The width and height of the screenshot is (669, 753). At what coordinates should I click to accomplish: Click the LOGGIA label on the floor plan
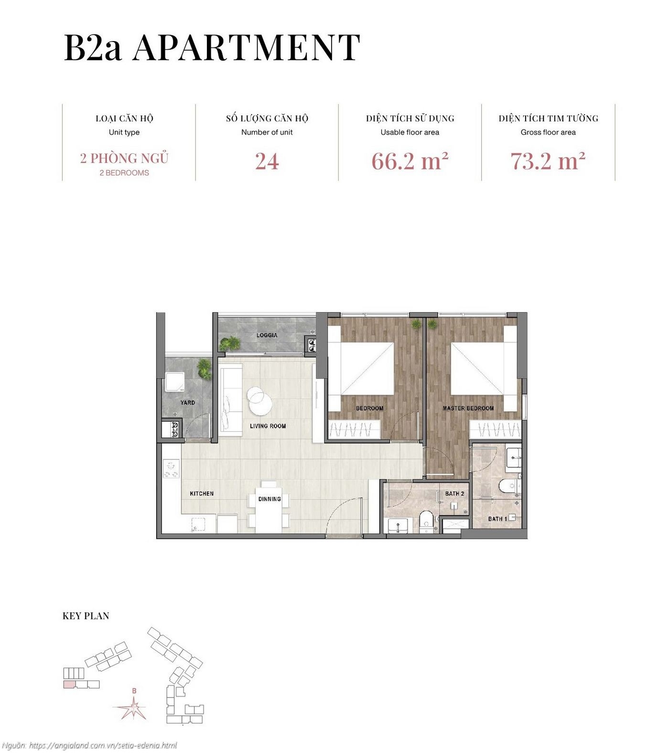[x=267, y=335]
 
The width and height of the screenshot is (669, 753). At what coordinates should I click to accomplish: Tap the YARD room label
[x=188, y=403]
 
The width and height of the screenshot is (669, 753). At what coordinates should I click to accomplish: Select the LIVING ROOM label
[x=268, y=426]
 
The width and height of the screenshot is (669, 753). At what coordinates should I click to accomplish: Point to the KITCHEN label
[x=202, y=493]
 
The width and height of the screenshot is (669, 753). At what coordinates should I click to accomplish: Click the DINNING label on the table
[x=270, y=499]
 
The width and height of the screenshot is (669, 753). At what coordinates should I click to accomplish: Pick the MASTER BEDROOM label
[x=468, y=408]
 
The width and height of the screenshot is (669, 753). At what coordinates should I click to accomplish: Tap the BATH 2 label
[x=454, y=493]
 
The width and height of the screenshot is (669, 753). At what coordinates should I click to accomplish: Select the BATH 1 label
[x=497, y=519]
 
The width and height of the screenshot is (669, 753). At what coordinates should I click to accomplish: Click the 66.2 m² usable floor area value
[x=410, y=161]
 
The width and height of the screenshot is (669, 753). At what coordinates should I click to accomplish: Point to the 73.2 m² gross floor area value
[x=548, y=161]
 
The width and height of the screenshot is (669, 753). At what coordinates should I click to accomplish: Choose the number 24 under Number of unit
[x=267, y=161]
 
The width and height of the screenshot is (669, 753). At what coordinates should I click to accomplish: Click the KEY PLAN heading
[x=86, y=616]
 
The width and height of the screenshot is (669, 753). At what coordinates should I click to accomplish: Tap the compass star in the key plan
[x=134, y=708]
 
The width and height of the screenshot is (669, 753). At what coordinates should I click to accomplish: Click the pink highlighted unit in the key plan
[x=69, y=684]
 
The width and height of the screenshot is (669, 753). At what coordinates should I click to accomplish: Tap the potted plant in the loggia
[x=230, y=343]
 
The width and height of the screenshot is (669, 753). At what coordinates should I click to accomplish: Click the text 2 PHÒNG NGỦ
[x=124, y=158]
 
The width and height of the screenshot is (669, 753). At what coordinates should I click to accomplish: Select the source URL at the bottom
[x=103, y=745]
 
